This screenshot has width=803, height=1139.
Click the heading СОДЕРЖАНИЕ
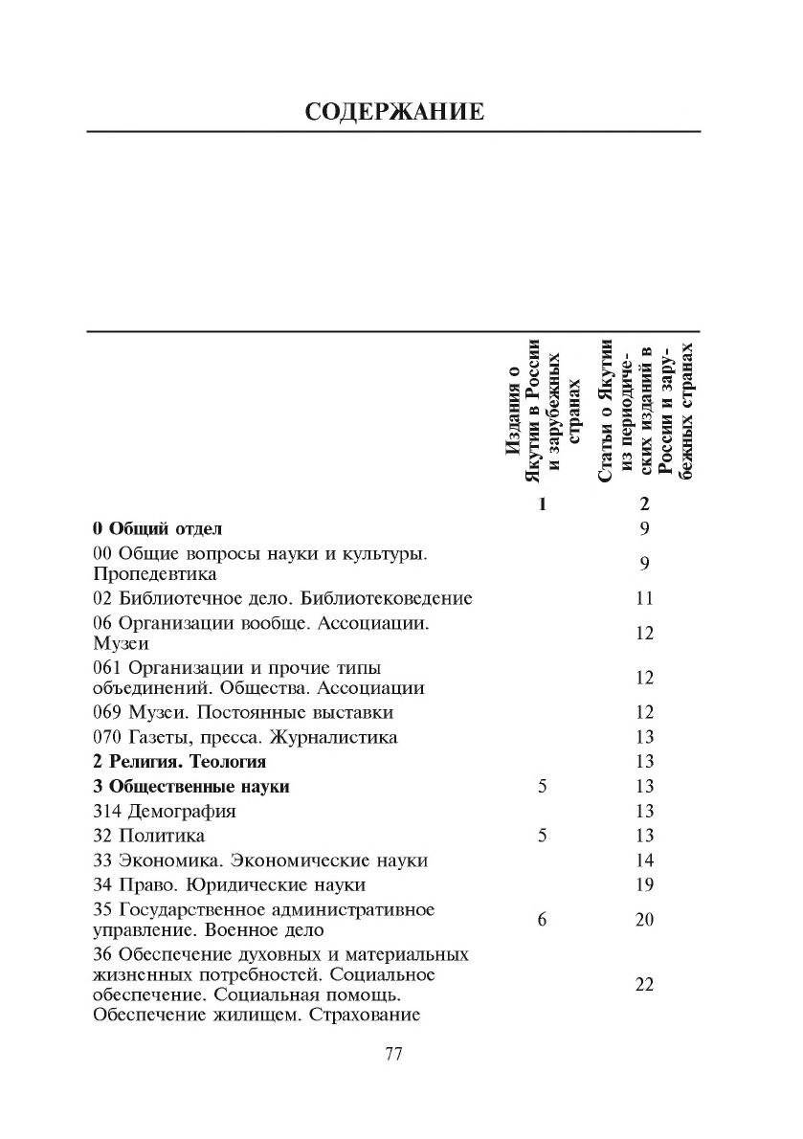click(394, 111)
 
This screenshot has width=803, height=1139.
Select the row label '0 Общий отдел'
click(157, 527)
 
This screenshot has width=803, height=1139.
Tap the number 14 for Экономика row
click(644, 860)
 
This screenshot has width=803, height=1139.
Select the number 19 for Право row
click(644, 884)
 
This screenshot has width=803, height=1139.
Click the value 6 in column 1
click(542, 920)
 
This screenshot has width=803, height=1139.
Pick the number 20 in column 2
click(644, 920)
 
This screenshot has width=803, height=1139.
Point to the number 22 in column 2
click(644, 985)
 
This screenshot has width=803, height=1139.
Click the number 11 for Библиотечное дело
click(644, 598)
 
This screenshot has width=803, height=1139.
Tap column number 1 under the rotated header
click(542, 504)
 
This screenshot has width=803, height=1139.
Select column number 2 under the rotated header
click(644, 504)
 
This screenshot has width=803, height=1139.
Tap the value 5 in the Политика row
click(542, 836)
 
